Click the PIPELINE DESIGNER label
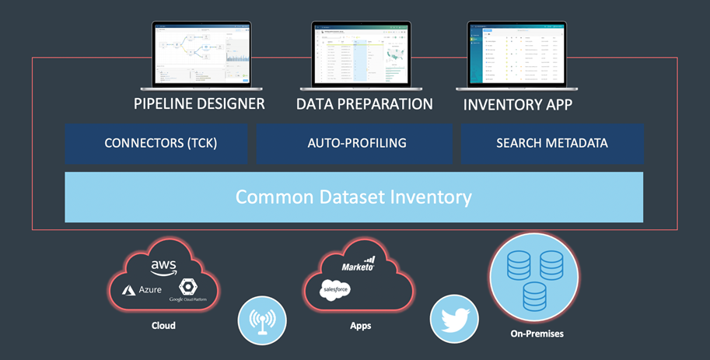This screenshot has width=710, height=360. coord(200,103)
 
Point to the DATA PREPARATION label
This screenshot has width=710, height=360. coord(364,103)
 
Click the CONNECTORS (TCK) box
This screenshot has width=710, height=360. coord(156,144)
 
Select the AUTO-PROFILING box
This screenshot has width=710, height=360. coord(355,144)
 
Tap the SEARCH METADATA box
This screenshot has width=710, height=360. coord(552,144)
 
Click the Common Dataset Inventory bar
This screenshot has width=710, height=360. coord(354,197)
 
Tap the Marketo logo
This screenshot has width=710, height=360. coord(358,264)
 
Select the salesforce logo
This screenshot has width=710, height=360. coord(335,289)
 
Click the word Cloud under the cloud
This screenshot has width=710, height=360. coord(163,326)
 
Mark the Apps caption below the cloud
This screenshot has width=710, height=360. coord(360,326)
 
